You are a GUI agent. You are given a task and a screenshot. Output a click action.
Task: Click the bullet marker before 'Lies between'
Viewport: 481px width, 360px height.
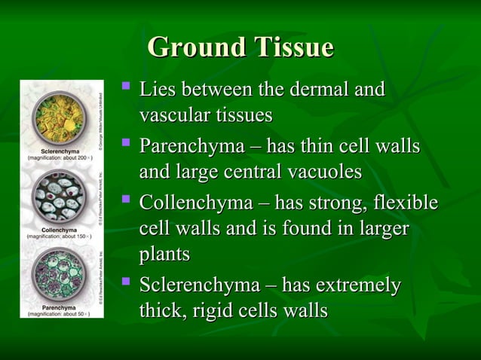point(126,90)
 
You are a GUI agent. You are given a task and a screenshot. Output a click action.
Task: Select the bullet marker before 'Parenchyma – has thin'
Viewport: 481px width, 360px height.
point(126,145)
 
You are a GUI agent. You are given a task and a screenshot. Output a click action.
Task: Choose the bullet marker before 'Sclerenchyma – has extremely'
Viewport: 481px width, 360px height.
point(126,284)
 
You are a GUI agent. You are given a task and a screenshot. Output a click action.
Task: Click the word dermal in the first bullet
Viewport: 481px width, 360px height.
point(317,90)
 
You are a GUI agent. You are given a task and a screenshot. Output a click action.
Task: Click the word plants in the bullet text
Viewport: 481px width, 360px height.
point(164,254)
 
